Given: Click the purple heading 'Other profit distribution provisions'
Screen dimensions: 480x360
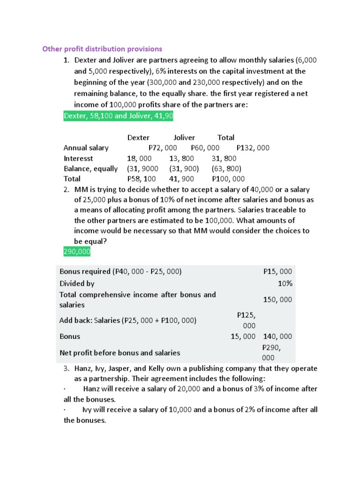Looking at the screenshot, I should click(x=102, y=49).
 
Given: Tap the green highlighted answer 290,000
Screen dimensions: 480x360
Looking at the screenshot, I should click(x=77, y=252).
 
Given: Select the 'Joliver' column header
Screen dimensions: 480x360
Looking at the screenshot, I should click(x=184, y=137).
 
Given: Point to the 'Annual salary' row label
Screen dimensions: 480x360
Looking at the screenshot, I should click(x=86, y=148).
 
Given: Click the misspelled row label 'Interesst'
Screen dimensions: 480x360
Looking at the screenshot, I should click(x=78, y=158).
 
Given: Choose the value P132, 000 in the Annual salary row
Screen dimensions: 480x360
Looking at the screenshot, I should click(x=253, y=148).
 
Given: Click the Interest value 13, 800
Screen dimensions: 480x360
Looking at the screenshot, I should click(x=182, y=158).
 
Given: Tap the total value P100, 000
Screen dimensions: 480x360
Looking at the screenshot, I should click(x=228, y=179).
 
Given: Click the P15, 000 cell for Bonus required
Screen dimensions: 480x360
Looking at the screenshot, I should click(x=277, y=272).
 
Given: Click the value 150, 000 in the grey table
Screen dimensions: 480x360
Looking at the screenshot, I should click(x=277, y=300).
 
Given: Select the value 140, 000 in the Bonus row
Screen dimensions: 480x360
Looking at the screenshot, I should click(x=277, y=336).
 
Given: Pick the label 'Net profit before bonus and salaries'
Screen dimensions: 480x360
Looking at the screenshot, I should click(x=120, y=352).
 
